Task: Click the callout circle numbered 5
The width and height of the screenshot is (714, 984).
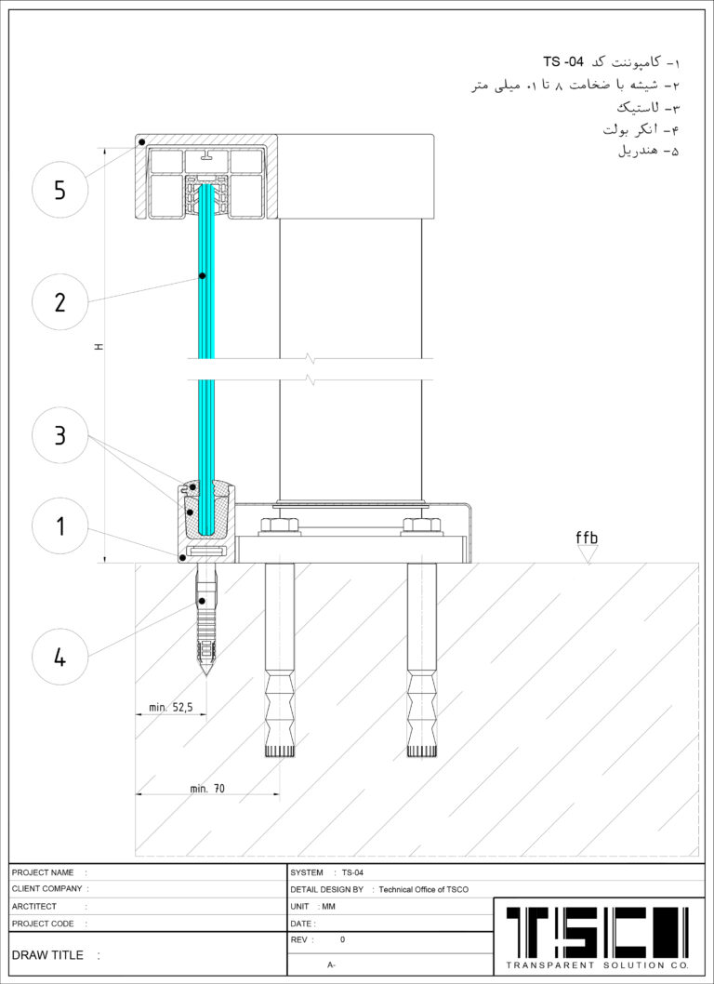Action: (x=59, y=190)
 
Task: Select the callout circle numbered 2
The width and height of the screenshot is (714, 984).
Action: (x=59, y=302)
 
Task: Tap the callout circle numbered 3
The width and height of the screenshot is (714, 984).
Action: (x=59, y=435)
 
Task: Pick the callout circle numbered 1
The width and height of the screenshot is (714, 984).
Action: (x=59, y=525)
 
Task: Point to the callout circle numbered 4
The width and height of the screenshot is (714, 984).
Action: (x=59, y=657)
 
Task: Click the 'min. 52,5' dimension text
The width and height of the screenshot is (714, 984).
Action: (x=170, y=707)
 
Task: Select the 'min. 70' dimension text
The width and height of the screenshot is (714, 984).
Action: (x=207, y=788)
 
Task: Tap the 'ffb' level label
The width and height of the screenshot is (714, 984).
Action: (x=588, y=538)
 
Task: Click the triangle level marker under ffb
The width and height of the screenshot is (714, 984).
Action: (x=588, y=554)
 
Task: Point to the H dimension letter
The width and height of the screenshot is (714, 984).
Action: (x=99, y=346)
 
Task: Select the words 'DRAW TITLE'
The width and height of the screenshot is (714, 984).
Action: (x=47, y=955)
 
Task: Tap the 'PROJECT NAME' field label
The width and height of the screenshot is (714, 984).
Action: (x=43, y=873)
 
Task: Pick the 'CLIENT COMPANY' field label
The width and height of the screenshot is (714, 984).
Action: (x=47, y=888)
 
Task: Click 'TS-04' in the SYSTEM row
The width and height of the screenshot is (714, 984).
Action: (x=352, y=873)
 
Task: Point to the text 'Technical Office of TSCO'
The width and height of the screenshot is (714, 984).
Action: (x=424, y=890)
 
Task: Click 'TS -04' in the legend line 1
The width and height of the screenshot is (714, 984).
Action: (x=563, y=62)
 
